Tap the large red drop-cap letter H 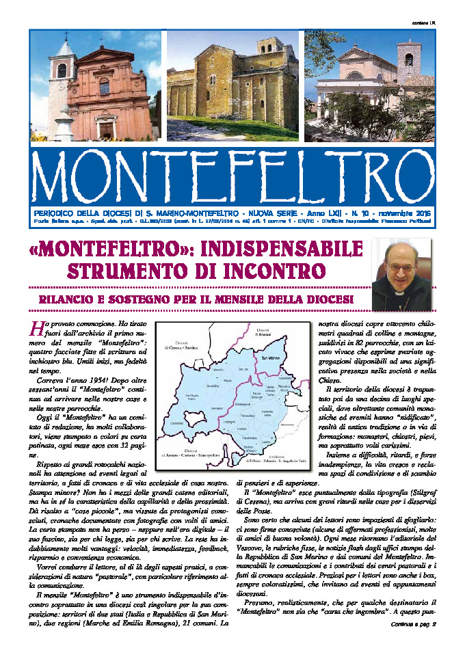(x=36, y=327)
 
